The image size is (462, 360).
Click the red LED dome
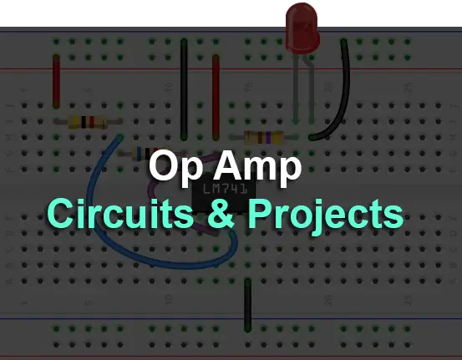pyautogui.click(x=302, y=28)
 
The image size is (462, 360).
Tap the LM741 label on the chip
pyautogui.click(x=226, y=189)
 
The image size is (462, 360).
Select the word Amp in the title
pyautogui.click(x=257, y=167)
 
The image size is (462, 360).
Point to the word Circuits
pyautogui.click(x=120, y=213)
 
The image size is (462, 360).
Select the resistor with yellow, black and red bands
pyautogui.click(x=88, y=121)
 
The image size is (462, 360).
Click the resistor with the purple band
pyautogui.click(x=264, y=137)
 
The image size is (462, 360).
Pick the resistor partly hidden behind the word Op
pyautogui.click(x=147, y=154)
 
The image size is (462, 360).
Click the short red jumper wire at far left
pyautogui.click(x=56, y=81)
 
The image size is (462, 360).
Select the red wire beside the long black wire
pyautogui.click(x=216, y=97)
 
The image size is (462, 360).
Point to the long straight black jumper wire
pyautogui.click(x=184, y=89)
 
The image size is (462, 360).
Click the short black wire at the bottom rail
pyautogui.click(x=248, y=305)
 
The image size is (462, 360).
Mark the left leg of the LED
pyautogui.click(x=296, y=89)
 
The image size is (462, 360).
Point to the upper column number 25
pyautogui.click(x=409, y=87)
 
